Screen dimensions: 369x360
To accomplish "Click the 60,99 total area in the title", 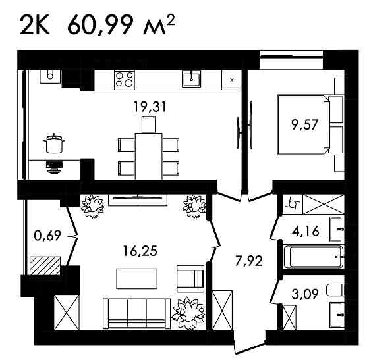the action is [x=100, y=25].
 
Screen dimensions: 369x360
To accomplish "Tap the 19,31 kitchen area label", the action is [x=150, y=107].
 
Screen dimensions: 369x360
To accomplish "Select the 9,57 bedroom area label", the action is [x=305, y=125].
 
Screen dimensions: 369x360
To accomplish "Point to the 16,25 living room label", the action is [x=140, y=251].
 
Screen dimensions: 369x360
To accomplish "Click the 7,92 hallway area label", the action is [x=249, y=261].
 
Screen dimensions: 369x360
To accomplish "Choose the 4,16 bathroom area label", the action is [x=306, y=231].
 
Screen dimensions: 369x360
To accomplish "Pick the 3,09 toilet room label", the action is [x=305, y=294].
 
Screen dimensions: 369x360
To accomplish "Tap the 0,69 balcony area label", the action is [x=47, y=236].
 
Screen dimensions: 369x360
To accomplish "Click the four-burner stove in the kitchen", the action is [x=125, y=80].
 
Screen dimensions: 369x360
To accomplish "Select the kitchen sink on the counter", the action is [x=191, y=79].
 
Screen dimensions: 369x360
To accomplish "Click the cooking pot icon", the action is [x=54, y=143].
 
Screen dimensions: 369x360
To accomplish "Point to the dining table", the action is [x=148, y=156].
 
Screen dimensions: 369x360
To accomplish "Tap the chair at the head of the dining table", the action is [x=149, y=124].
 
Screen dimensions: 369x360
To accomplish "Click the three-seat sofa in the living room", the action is [x=137, y=314].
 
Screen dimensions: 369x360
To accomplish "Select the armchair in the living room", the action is [x=190, y=278].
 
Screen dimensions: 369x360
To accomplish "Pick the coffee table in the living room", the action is [x=137, y=278].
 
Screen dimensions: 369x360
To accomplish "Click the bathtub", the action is [x=314, y=257].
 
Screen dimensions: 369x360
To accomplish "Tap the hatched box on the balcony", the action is [x=45, y=266].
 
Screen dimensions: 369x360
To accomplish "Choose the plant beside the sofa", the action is [x=188, y=313].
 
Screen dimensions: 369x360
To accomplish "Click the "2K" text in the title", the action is [x=34, y=25].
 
